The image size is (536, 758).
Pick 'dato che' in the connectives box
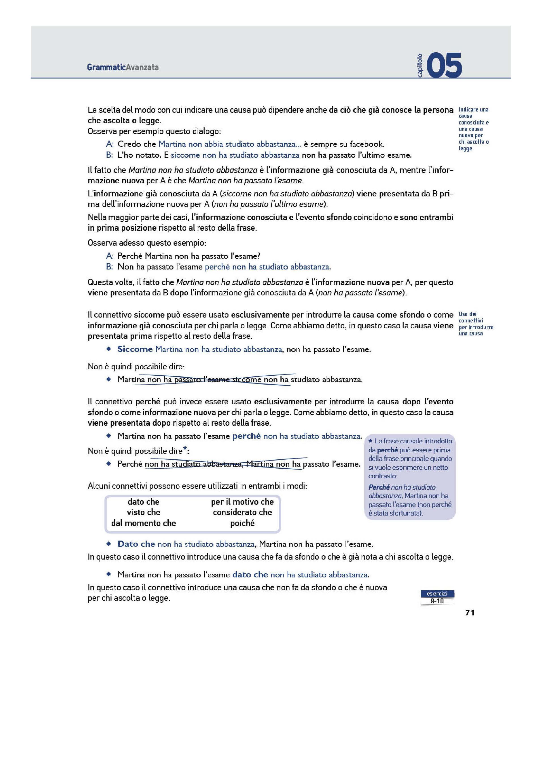[143, 502]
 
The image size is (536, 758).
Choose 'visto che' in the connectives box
[143, 512]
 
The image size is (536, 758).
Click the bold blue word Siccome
[135, 349]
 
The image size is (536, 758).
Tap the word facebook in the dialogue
[367, 144]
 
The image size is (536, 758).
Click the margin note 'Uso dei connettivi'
[476, 324]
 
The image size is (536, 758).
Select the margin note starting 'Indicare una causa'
[474, 129]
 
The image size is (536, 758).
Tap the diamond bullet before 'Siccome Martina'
[108, 349]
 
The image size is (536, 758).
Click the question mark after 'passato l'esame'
[259, 256]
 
